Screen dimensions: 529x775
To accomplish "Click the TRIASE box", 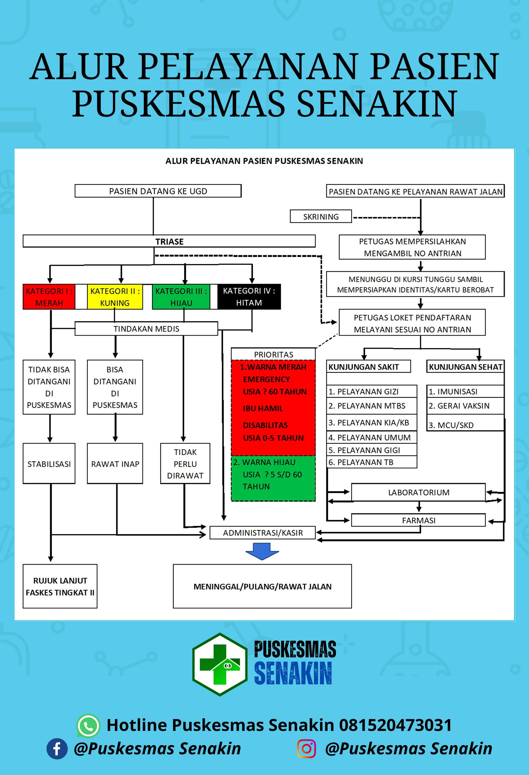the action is pos(169,241).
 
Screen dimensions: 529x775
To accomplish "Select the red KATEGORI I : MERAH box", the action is pos(49,297).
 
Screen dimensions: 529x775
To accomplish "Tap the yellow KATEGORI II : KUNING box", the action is pos(115,297).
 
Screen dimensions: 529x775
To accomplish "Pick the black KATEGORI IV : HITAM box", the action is pos(249,297).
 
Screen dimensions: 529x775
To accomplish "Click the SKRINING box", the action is pos(321,216).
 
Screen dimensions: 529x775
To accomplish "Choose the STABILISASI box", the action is pos(49,464).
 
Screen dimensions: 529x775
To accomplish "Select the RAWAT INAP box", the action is pos(115,464).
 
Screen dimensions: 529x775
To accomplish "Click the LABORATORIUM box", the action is pos(419,492).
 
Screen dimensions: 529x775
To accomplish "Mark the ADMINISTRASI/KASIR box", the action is pos(263,533).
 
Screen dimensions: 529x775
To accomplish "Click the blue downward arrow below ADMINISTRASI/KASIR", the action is pos(262,551).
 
